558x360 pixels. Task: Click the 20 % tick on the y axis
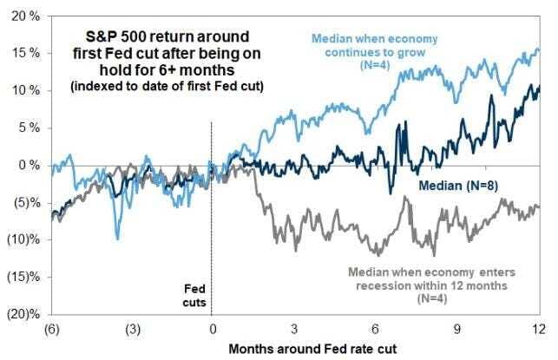point(21,16)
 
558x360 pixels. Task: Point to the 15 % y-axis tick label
point(21,54)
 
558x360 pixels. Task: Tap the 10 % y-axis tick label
point(21,91)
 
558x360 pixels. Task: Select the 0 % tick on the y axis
point(24,165)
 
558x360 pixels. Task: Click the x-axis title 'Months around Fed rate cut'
point(293,349)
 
